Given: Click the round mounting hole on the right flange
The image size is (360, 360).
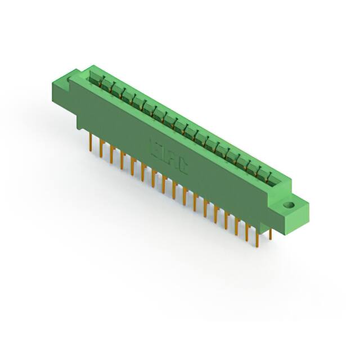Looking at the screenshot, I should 291,205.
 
